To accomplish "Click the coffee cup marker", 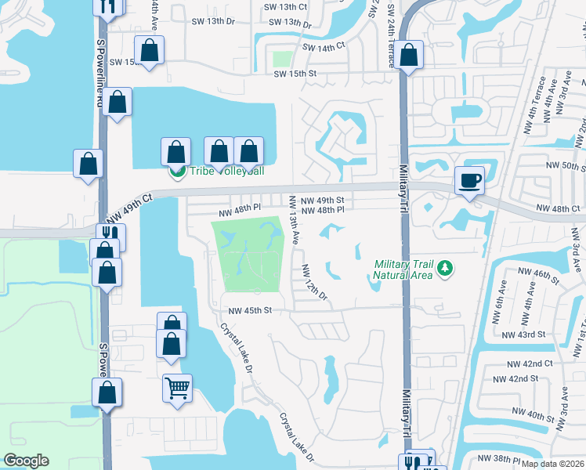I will click(x=469, y=181).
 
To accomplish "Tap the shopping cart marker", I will click(x=178, y=387).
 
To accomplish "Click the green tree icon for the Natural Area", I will click(x=446, y=269).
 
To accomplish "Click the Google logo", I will click(x=26, y=461).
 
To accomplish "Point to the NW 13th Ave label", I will click(x=295, y=220).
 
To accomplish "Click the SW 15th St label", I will click(x=295, y=74).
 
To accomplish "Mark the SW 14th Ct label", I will click(x=324, y=48).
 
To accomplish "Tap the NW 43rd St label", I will click(x=526, y=334).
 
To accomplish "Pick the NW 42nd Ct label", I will click(x=530, y=363).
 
